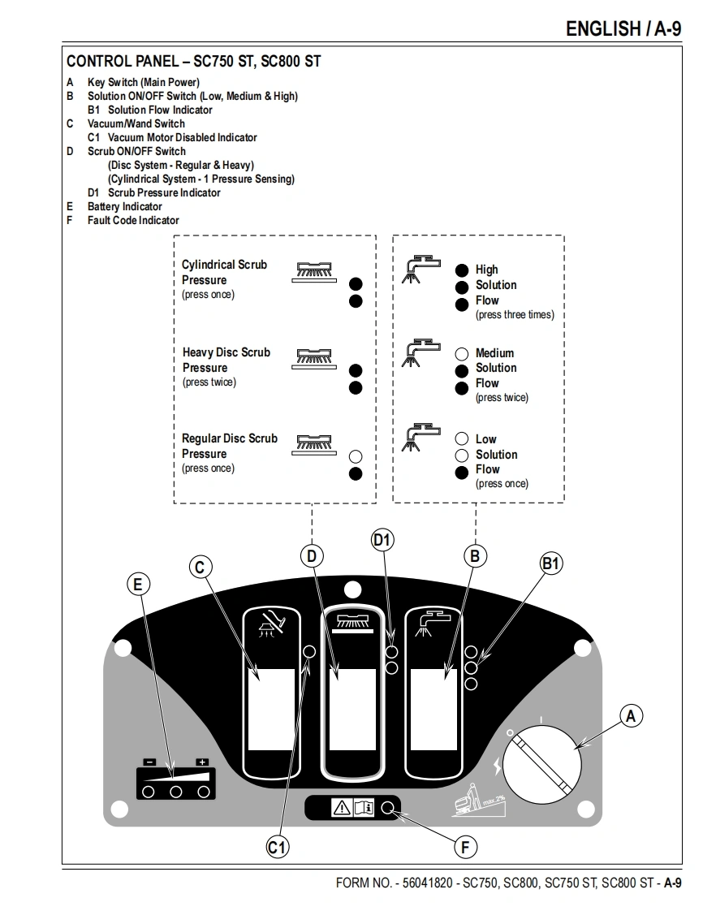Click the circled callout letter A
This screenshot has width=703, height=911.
[631, 715]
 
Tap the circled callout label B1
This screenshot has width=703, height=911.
[551, 563]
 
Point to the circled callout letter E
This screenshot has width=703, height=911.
[139, 584]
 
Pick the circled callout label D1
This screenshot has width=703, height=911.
[382, 540]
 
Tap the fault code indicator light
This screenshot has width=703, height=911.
[388, 808]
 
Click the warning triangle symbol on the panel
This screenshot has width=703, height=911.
[341, 808]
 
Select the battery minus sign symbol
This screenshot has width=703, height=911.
[149, 762]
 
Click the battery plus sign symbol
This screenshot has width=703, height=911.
[202, 762]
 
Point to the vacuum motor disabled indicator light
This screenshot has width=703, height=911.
[308, 652]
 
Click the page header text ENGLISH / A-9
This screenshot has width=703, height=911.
[623, 29]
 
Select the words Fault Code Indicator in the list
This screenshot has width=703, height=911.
[133, 220]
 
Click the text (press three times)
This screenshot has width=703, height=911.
[515, 314]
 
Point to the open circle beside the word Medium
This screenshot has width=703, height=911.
[462, 353]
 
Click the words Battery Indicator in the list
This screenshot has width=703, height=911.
[124, 206]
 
